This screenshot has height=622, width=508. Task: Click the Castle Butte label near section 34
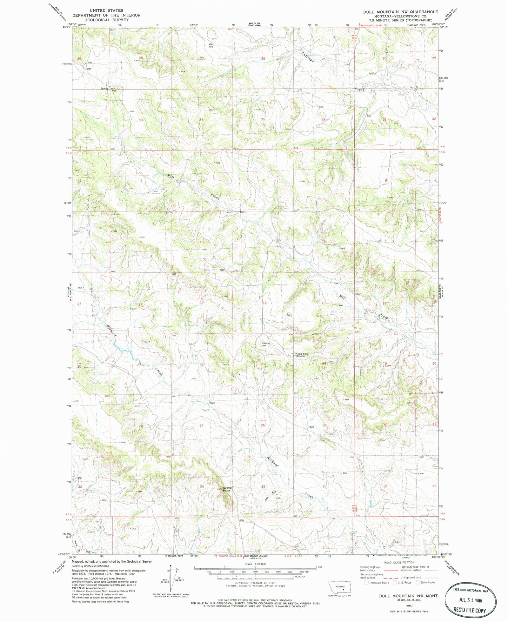tap(227, 489)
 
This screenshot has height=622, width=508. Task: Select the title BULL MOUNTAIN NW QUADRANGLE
tap(401, 12)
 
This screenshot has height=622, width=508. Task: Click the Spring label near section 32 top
tap(104, 89)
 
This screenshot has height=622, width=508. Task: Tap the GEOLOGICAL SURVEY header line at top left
tap(106, 20)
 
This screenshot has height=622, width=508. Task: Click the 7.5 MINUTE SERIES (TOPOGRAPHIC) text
tap(401, 20)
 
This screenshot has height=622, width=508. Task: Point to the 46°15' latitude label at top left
tap(66, 27)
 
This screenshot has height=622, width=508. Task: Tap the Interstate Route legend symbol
tap(366, 582)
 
